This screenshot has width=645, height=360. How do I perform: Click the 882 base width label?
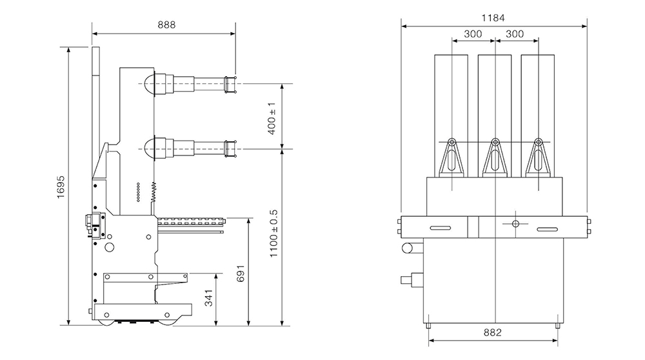pyautogui.click(x=493, y=333)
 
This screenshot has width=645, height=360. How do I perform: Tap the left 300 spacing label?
pyautogui.click(x=473, y=34)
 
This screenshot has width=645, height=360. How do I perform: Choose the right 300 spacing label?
pyautogui.click(x=515, y=34)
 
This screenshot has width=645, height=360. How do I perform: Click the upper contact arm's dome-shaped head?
pyautogui.click(x=150, y=84)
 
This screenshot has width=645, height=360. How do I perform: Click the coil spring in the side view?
pyautogui.click(x=154, y=190)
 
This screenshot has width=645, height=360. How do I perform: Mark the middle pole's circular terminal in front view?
pyautogui.click(x=495, y=143)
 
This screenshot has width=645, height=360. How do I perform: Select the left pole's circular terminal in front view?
pyautogui.click(x=452, y=143)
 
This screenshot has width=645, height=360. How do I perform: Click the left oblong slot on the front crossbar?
pyautogui.click(x=441, y=228)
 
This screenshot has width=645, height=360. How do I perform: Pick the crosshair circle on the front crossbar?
pyautogui.click(x=515, y=224)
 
